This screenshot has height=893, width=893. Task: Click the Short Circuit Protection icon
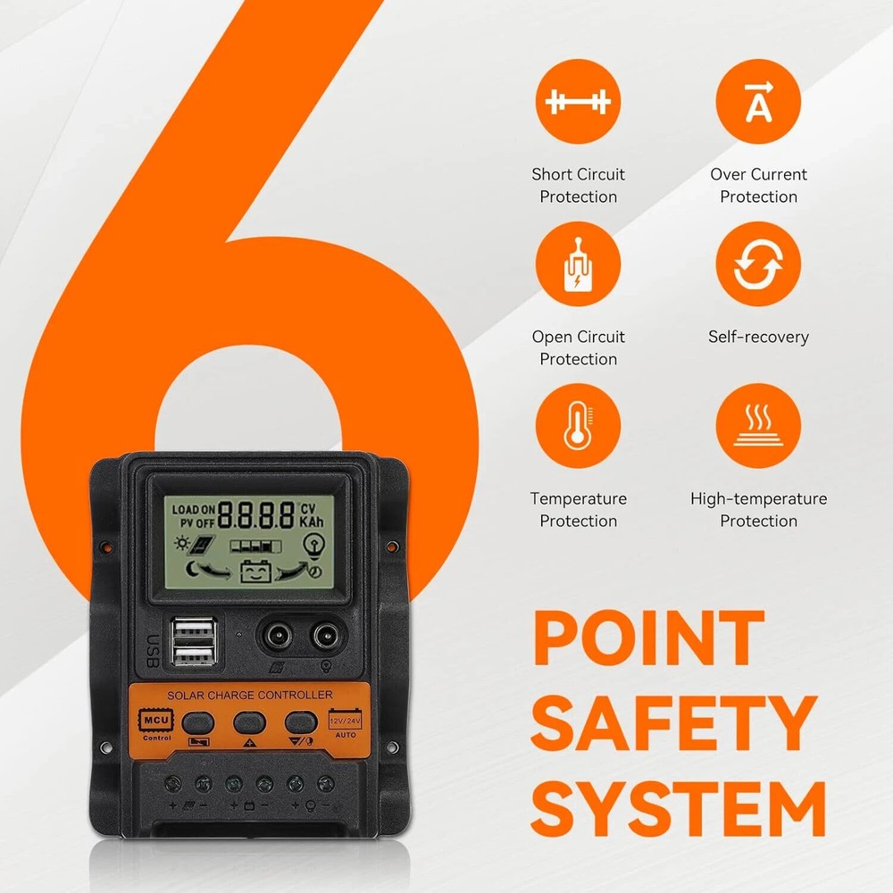[x=578, y=102]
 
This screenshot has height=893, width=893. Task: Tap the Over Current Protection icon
[x=758, y=102]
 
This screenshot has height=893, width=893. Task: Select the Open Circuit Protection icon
[x=578, y=263]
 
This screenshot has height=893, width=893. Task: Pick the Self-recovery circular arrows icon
[x=758, y=263]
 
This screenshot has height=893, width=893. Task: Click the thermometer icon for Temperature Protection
[x=578, y=425]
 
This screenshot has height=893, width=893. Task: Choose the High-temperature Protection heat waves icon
[x=758, y=425]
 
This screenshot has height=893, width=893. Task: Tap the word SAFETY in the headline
[x=673, y=723]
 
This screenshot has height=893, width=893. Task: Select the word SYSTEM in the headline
[x=679, y=809]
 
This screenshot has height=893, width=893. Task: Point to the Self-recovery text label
[x=758, y=337]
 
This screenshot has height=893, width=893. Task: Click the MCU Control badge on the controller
[x=156, y=724]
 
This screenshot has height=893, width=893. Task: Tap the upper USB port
[x=194, y=631]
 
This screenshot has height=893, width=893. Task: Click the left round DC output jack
[x=279, y=636]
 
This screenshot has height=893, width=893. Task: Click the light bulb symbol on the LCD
[x=313, y=546]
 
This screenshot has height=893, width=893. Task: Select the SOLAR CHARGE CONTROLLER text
[x=250, y=695]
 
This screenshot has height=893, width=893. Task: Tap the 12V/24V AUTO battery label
[x=345, y=723]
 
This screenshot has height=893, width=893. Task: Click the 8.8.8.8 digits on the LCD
[x=256, y=515]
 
